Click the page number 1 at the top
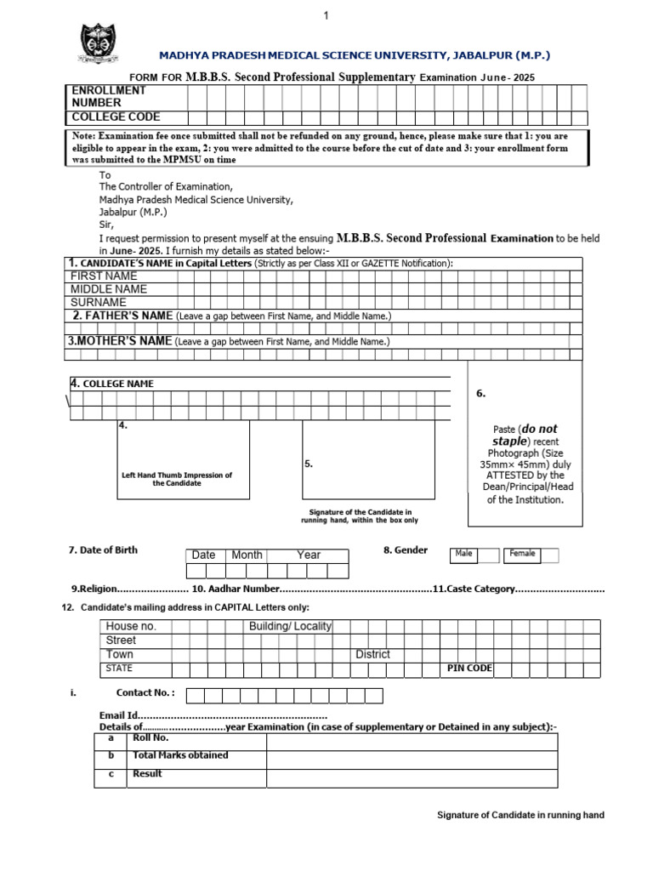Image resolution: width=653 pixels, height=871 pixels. coord(325,16)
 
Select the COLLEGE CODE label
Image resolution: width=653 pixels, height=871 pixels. coord(116,117)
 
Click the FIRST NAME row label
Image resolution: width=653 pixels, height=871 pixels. coord(104,276)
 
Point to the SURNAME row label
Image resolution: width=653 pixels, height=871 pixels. coord(99,301)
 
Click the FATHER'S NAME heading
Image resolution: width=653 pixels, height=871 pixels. coord(123,316)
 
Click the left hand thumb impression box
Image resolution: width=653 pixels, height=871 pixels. coord(184,459)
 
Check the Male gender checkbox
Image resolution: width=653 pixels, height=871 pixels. coord(488,555)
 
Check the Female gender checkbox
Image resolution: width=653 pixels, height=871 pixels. coord(550,555)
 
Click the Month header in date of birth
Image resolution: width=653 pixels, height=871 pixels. coord(247,555)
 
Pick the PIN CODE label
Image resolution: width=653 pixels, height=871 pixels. coord(469,669)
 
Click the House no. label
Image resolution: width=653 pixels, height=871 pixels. coord(131,626)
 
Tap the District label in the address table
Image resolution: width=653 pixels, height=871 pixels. coord(372,654)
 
